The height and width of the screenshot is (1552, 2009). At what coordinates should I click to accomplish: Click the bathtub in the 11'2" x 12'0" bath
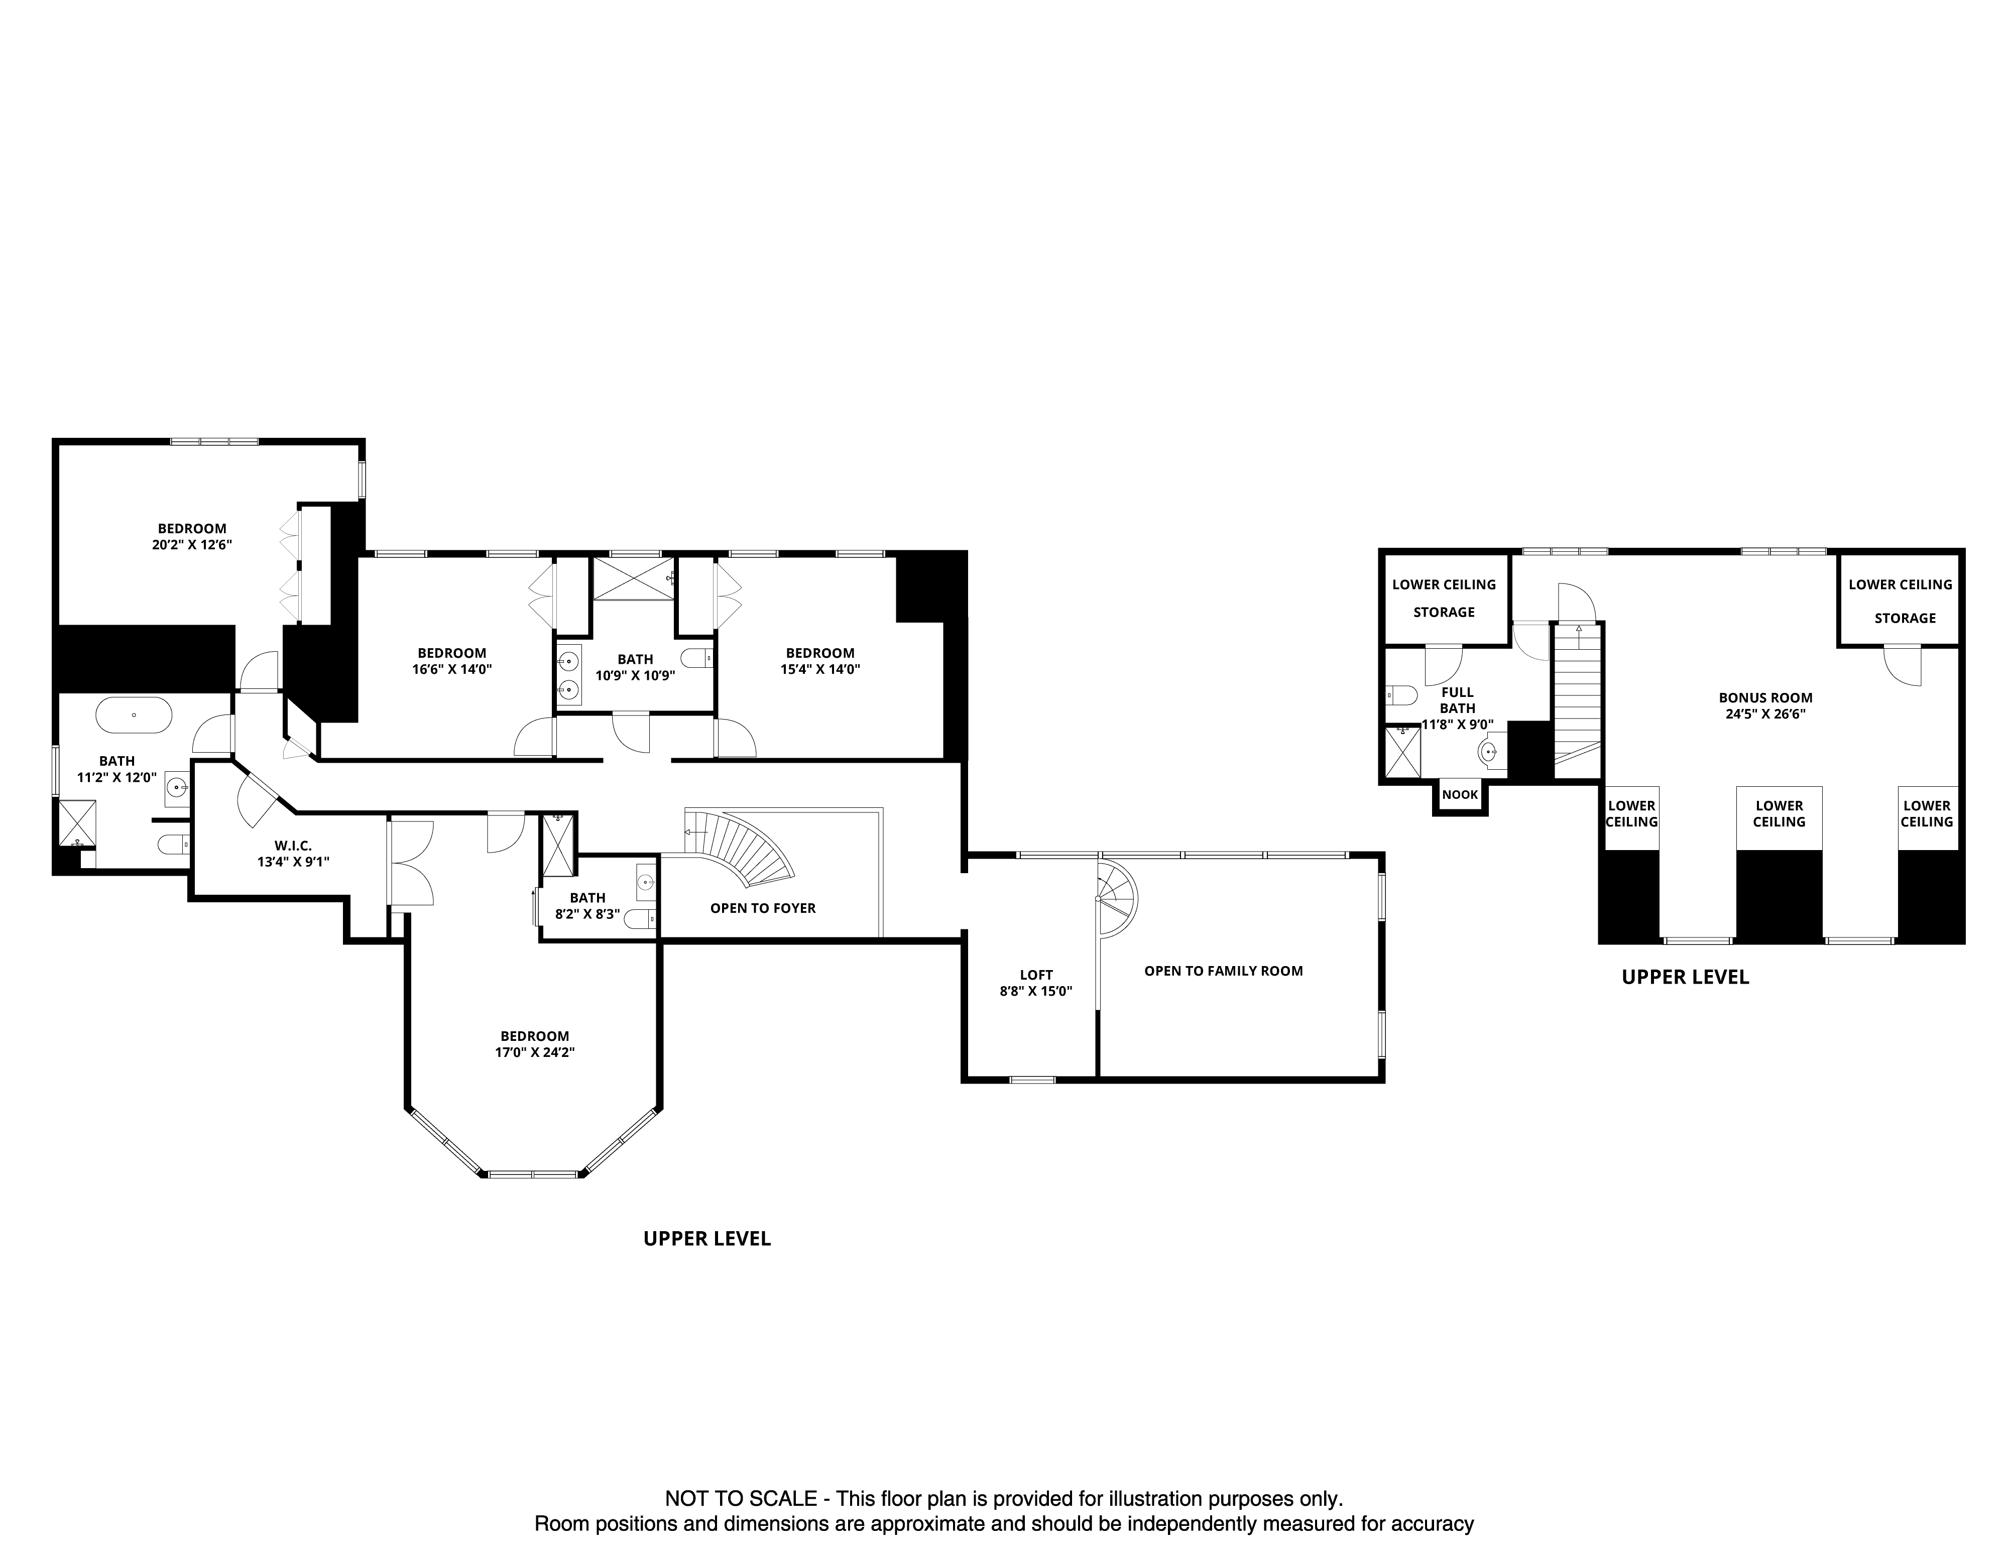coord(134,715)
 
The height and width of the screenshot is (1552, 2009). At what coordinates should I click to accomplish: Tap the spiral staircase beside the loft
coord(1115,897)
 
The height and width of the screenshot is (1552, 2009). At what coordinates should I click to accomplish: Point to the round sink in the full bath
coord(1491,753)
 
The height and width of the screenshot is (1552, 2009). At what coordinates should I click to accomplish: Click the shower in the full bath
coord(1402,753)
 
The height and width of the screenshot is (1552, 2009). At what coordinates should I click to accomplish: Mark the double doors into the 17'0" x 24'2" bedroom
coord(410,863)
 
